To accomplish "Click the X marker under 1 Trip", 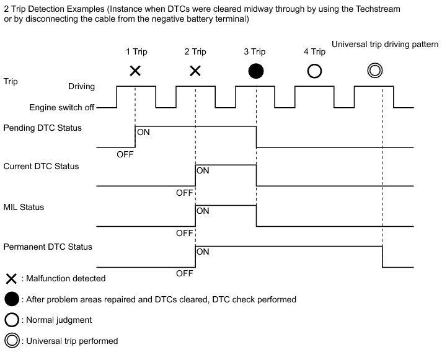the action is coord(135,71).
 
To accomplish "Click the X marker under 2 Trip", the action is coord(195,71).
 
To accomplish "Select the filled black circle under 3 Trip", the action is coord(256,71).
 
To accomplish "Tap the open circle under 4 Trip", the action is coord(314,71).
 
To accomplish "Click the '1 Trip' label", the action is coord(136,52).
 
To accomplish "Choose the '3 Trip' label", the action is coord(255,52).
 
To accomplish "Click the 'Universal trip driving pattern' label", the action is coord(385,45).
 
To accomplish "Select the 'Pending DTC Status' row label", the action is coord(43,128).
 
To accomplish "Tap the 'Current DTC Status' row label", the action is coord(41,166).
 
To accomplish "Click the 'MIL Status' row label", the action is coord(24,208).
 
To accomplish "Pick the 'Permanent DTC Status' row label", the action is coord(48,247).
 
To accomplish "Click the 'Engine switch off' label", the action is coord(62,107).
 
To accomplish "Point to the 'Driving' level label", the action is coord(81,87).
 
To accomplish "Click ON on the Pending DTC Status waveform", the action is coord(143,132).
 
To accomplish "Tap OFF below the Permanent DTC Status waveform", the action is coord(185,273).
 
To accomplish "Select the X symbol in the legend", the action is coord(11,279).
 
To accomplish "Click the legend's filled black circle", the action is coord(12,299).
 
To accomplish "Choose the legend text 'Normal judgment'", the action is coord(59,320).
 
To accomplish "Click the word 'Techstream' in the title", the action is coord(378,9).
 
